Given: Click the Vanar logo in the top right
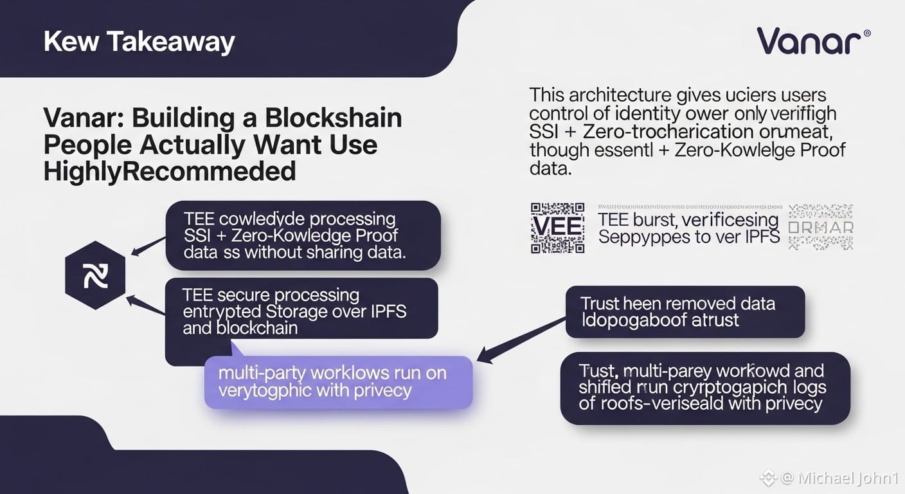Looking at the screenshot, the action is (x=809, y=41).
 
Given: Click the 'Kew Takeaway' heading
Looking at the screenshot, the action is (x=139, y=42).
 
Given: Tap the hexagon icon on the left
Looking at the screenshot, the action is (x=95, y=275).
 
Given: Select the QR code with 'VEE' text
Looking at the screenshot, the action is (x=557, y=228).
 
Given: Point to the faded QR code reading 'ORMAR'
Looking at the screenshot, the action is (x=821, y=228).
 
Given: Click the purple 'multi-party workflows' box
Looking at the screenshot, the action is (x=338, y=382).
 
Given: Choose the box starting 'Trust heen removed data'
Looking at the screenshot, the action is (x=685, y=312).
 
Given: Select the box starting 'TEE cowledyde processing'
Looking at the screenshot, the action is (x=302, y=235).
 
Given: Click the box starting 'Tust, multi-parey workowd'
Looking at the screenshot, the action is (x=704, y=387).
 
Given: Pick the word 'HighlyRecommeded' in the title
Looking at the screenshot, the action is (x=170, y=172).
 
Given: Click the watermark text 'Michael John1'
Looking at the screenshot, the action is (x=848, y=478).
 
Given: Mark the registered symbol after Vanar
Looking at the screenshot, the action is (x=867, y=32).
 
